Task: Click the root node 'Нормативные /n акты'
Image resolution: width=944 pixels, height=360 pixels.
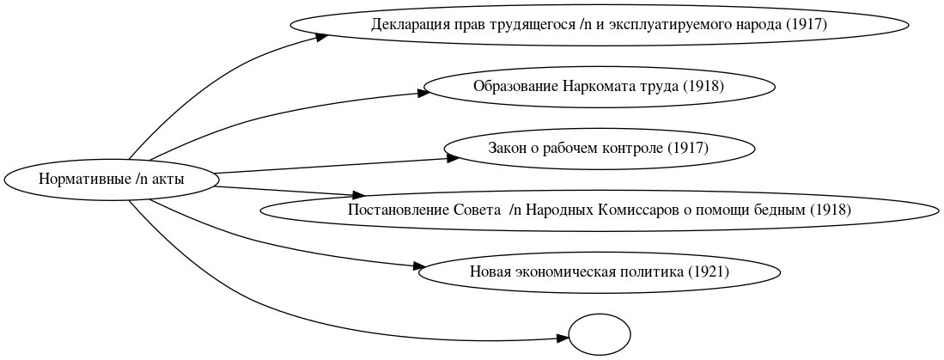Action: pyautogui.click(x=112, y=180)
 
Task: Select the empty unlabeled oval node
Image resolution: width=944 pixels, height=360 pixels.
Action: pyautogui.click(x=600, y=333)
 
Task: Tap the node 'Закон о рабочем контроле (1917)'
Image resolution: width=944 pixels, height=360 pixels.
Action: pyautogui.click(x=599, y=149)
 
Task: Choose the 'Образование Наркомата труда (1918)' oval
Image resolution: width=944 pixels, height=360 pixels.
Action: pyautogui.click(x=599, y=87)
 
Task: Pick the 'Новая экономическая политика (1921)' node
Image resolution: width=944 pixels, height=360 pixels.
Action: pyautogui.click(x=599, y=272)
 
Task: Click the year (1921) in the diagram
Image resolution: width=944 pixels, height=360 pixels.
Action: pyautogui.click(x=709, y=272)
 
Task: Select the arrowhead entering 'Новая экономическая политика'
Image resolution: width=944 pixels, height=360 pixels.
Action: pyautogui.click(x=421, y=267)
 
